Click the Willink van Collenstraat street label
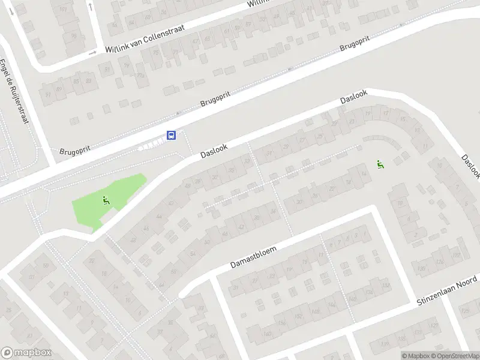[144, 40]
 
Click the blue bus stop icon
[172, 135]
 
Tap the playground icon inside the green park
[106, 201]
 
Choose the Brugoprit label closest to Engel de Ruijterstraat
[75, 149]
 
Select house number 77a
[140, 76]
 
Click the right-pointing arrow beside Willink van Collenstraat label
[92, 53]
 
